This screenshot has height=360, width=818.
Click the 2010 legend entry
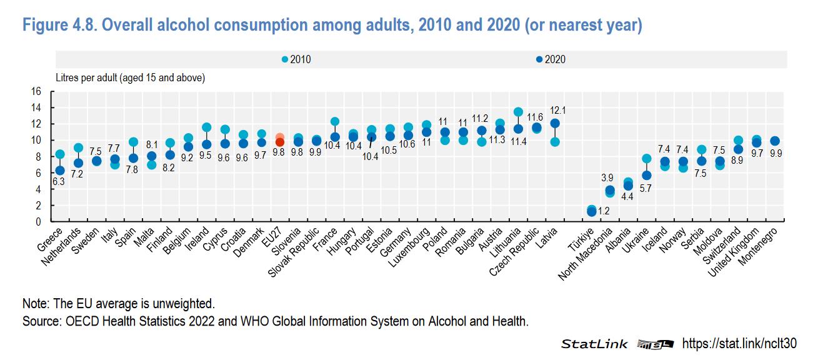click(x=296, y=60)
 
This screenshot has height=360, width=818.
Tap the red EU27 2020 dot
click(x=280, y=142)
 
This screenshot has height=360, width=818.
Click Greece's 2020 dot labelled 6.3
click(x=60, y=170)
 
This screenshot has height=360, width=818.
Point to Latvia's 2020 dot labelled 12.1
click(x=554, y=124)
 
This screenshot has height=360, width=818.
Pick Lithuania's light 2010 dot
click(x=517, y=112)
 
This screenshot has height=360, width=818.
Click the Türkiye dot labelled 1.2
click(x=592, y=212)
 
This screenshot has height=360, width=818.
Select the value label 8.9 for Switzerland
click(x=737, y=161)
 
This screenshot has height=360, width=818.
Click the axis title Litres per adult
click(x=130, y=78)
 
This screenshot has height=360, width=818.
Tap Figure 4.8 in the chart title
click(x=59, y=26)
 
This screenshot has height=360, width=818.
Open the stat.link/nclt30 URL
click(x=739, y=343)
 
